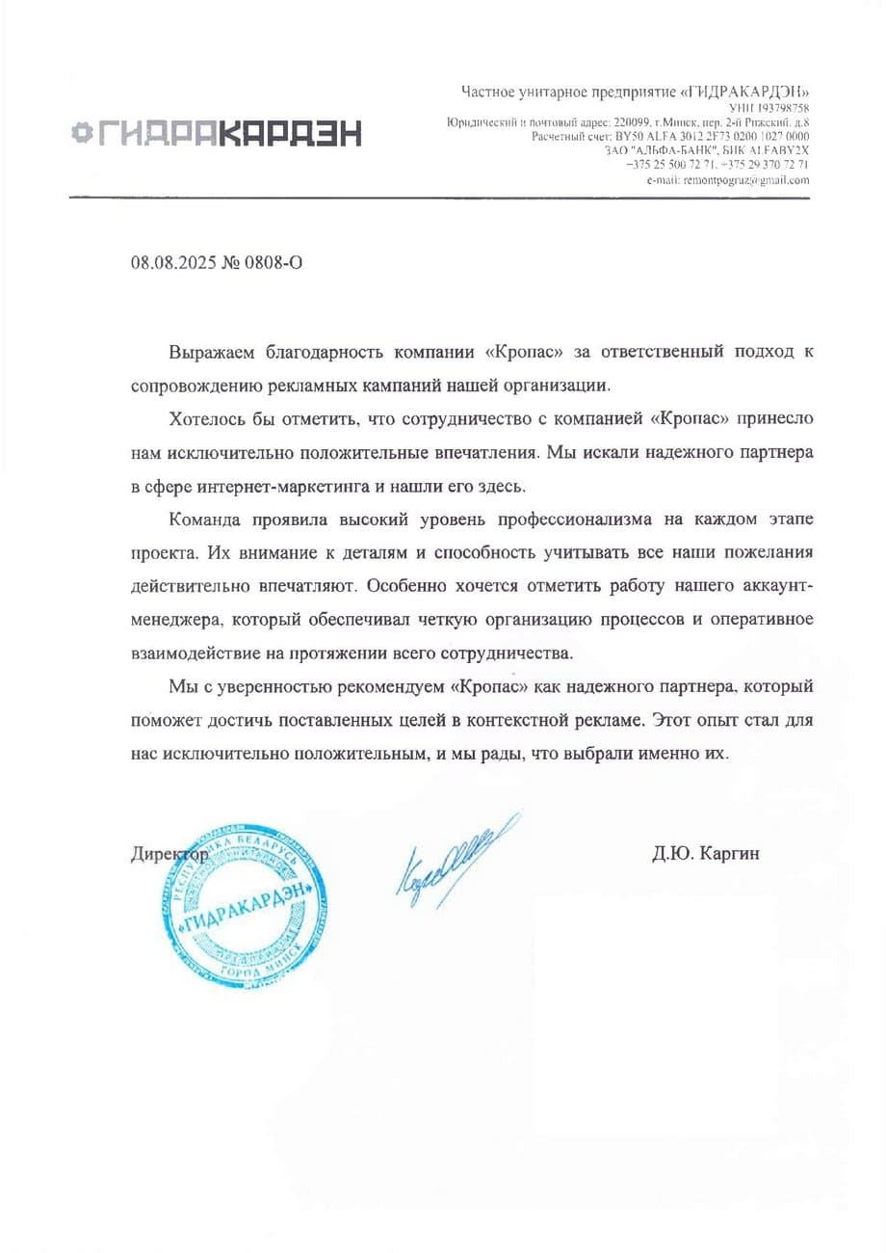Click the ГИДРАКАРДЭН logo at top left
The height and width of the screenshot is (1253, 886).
pos(217,133)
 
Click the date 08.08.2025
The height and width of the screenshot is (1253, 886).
pos(170,262)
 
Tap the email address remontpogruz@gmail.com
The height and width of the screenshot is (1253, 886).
pos(745,180)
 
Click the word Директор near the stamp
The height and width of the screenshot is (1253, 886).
pos(168,854)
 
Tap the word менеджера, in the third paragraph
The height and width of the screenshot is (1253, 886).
pos(177,620)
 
